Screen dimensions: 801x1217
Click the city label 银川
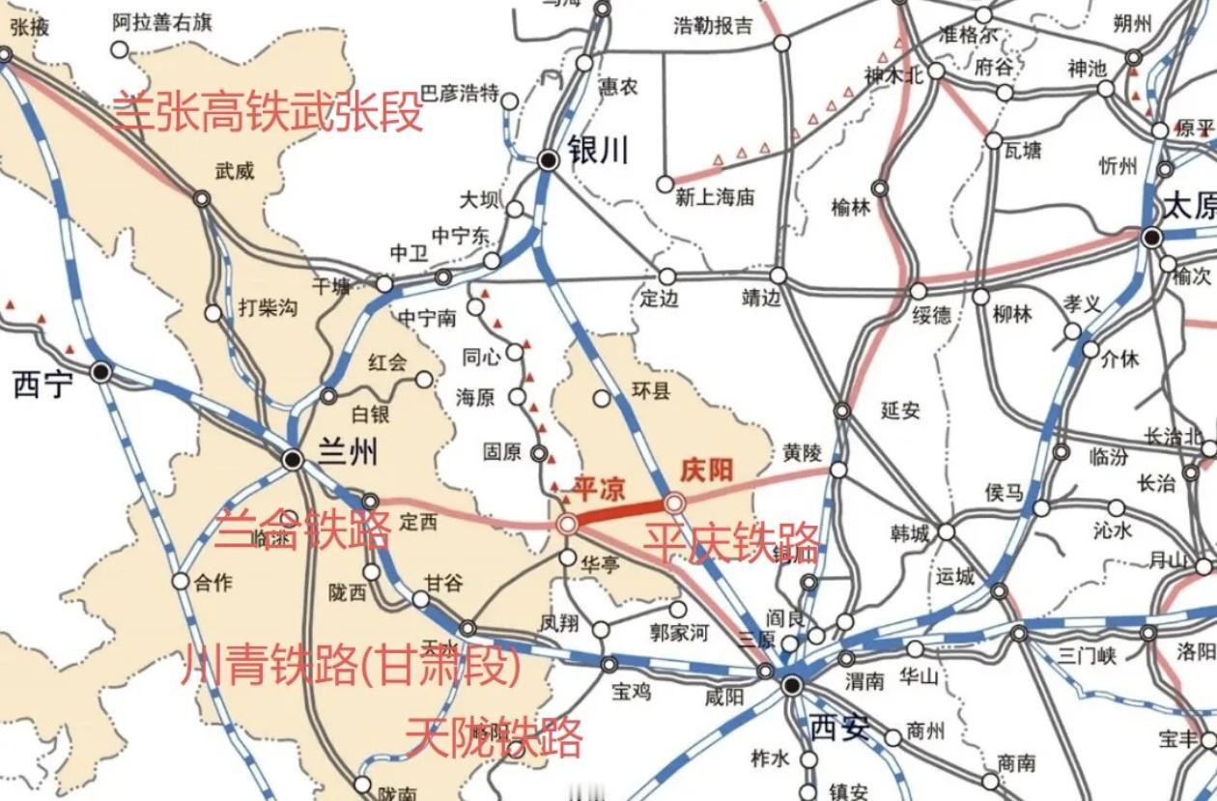click(599, 151)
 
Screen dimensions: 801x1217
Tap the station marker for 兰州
click(293, 458)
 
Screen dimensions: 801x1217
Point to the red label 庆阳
click(707, 471)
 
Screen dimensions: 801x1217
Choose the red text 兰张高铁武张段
click(269, 112)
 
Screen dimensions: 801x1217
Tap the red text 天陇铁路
click(494, 737)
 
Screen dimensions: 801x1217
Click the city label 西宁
click(43, 386)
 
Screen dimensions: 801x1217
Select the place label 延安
click(900, 412)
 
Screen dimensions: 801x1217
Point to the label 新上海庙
click(715, 198)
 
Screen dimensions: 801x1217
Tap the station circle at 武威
click(202, 198)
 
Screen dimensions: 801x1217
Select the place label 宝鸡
click(633, 692)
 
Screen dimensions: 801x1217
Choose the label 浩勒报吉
click(713, 26)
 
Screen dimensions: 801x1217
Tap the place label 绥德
click(932, 315)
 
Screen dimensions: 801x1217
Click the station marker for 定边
click(666, 277)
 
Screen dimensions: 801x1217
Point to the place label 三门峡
click(1087, 656)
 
